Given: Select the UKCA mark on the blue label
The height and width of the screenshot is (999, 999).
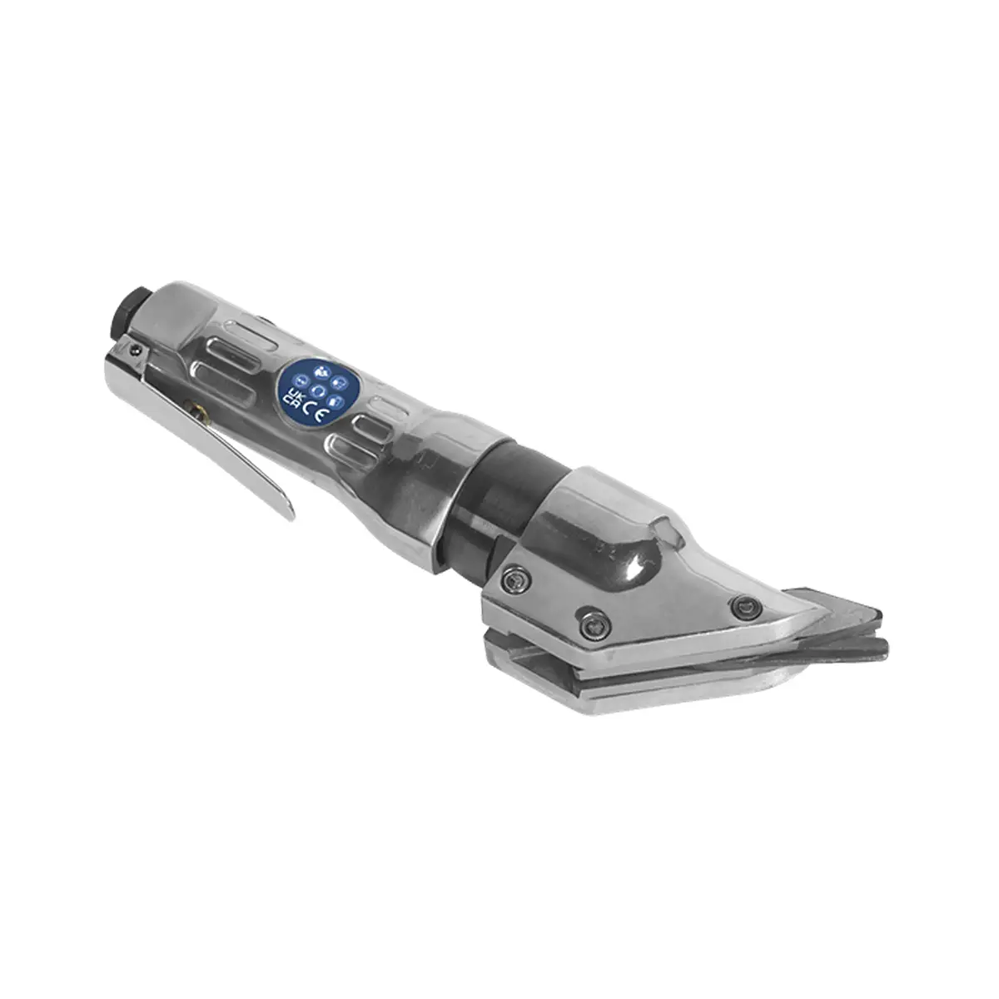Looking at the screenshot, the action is [x=293, y=397].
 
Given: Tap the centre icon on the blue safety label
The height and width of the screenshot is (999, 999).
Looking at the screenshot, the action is [x=318, y=390].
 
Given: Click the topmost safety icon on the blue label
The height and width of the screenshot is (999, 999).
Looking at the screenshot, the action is [x=321, y=370].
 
